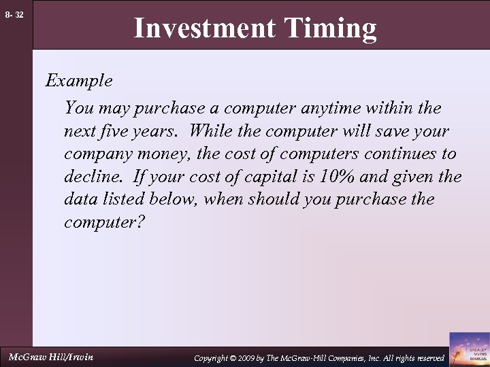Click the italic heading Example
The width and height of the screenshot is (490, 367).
coord(79,81)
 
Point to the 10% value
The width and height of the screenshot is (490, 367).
coord(332,177)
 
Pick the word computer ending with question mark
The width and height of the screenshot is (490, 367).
coord(104,223)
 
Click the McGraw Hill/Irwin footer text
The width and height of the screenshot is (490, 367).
coord(50,357)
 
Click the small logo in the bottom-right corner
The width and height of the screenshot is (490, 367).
coord(470,349)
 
